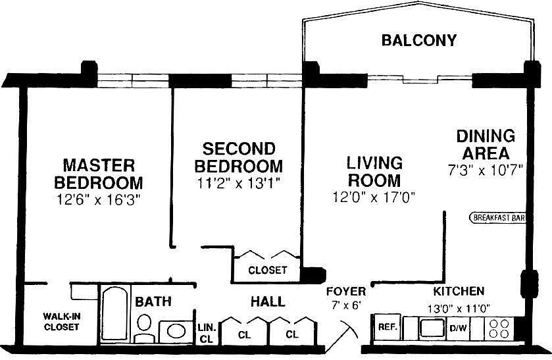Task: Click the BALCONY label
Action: [418, 40]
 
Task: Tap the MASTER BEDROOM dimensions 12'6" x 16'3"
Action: [99, 199]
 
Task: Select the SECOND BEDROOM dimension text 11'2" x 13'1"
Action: [239, 183]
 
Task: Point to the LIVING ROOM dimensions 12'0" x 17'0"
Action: [374, 197]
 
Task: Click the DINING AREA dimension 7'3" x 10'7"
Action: [486, 170]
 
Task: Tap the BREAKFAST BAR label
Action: [498, 218]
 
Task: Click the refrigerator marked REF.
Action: [388, 327]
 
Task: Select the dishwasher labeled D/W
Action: [458, 328]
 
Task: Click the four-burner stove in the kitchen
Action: [499, 328]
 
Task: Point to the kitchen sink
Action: [432, 328]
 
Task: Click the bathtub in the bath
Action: [114, 313]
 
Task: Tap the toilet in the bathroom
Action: [144, 328]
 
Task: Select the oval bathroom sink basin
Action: [176, 331]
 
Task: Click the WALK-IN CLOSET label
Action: [62, 322]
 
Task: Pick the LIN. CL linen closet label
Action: [207, 333]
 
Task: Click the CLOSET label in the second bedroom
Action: [268, 270]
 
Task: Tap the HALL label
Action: [268, 302]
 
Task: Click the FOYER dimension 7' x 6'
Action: [347, 305]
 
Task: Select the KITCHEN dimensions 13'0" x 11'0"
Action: [459, 309]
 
